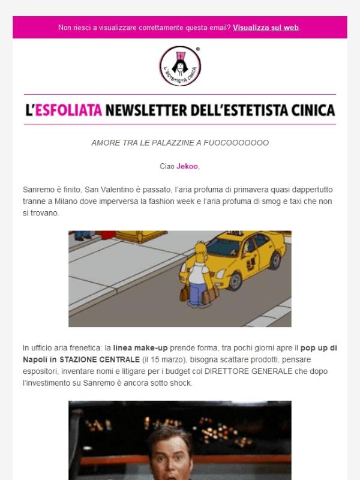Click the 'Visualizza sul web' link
(266, 28)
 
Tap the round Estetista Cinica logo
(179, 65)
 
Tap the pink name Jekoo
(187, 166)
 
